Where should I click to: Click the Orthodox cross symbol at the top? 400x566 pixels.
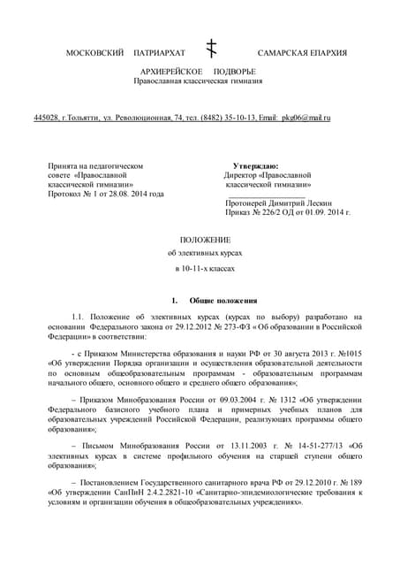[211, 49]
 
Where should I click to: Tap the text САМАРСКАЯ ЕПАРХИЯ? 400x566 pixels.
[302, 54]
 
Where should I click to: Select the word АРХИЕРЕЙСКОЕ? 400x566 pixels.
[171, 70]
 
